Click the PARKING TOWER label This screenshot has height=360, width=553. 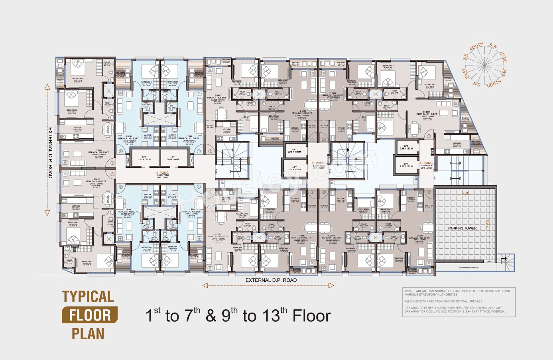click(462, 228)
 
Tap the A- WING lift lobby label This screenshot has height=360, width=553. click(162, 175)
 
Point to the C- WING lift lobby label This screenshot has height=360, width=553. click(426, 165)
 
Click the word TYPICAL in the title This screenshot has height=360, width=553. click(88, 297)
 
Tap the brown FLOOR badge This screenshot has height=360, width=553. click(90, 315)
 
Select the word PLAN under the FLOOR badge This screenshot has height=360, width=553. click(88, 334)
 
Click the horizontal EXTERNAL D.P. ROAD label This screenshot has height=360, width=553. click(271, 280)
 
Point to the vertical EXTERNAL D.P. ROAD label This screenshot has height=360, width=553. click(50, 153)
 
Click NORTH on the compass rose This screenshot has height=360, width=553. click(494, 83)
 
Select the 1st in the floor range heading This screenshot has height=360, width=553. click(153, 315)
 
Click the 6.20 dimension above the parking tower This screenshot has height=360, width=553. click(465, 193)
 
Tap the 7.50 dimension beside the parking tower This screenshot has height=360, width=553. click(488, 224)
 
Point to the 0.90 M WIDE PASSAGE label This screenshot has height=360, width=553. click(468, 268)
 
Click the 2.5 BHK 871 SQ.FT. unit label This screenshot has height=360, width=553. click(427, 114)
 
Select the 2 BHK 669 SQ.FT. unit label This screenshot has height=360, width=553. click(98, 152)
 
